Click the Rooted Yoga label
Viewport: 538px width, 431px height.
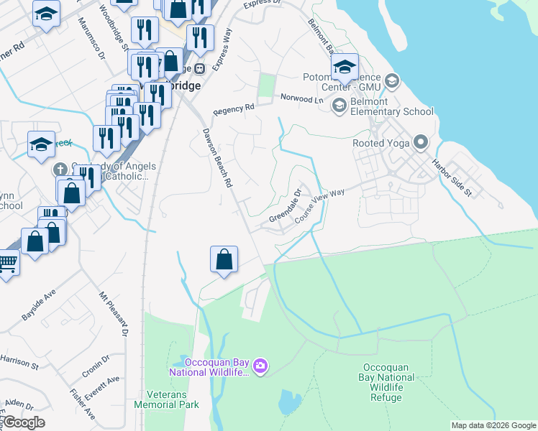click(380, 143)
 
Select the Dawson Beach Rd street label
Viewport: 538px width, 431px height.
click(217, 158)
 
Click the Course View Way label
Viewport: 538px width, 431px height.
click(319, 206)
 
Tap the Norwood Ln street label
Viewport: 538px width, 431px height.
click(302, 98)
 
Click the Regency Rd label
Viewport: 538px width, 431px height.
click(234, 110)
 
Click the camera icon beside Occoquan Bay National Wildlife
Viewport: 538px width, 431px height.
click(260, 367)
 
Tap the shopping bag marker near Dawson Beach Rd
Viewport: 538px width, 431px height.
click(224, 259)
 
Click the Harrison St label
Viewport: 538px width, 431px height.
click(19, 361)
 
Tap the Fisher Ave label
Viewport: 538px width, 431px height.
click(82, 404)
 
